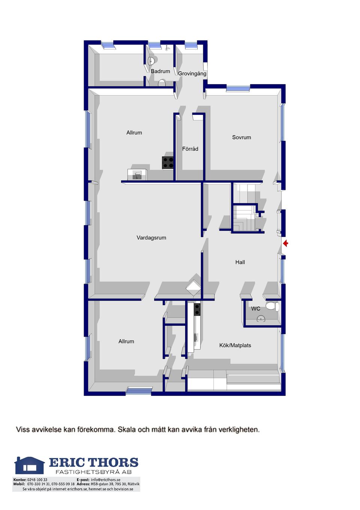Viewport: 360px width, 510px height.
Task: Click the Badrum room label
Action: click(x=160, y=71)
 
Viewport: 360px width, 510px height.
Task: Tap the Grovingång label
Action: click(x=192, y=74)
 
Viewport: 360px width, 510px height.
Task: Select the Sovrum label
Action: click(x=241, y=137)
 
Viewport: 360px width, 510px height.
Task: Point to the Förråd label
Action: click(x=190, y=149)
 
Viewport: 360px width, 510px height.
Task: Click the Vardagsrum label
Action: click(x=151, y=238)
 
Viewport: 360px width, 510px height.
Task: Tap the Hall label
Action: click(x=240, y=262)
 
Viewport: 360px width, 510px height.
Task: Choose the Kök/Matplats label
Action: click(x=235, y=345)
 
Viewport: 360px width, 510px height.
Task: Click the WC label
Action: click(x=255, y=309)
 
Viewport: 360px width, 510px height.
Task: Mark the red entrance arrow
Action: click(x=286, y=244)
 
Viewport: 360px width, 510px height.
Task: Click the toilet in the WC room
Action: click(x=272, y=306)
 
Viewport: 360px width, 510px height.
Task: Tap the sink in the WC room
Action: click(x=261, y=319)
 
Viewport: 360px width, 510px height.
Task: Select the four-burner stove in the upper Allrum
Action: click(x=168, y=162)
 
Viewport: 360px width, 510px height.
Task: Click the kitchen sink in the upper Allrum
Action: click(x=137, y=175)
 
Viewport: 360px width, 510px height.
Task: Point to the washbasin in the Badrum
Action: click(x=152, y=61)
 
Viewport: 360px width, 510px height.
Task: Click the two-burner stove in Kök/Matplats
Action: click(x=197, y=309)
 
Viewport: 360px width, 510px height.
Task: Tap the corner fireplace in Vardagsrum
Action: click(x=193, y=288)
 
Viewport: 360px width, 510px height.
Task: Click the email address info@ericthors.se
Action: click(x=106, y=480)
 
